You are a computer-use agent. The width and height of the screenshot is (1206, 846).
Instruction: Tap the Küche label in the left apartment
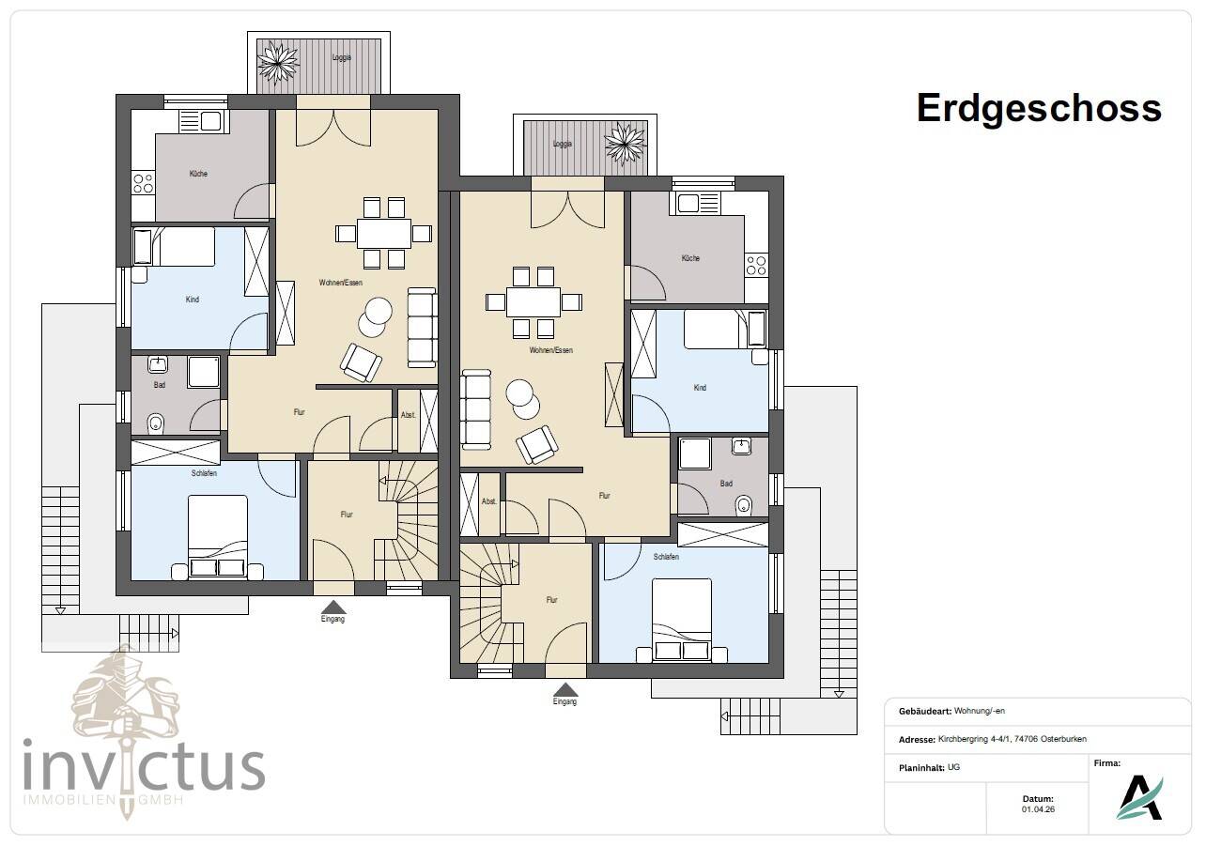198,174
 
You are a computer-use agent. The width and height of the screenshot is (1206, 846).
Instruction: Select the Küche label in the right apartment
690,258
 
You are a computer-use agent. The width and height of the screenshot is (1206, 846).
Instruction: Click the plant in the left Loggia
278,64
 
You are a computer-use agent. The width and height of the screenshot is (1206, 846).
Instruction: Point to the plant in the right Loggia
625,143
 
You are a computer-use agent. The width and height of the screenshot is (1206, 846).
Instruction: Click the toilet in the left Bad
156,423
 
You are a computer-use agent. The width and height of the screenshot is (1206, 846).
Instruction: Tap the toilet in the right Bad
744,504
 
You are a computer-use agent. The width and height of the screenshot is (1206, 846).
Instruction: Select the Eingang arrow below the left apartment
333,608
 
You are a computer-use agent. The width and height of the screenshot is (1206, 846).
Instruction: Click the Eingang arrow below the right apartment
564,689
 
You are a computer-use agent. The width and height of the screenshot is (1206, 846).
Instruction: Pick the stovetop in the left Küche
143,183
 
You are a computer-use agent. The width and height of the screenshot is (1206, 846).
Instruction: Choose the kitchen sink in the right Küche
698,204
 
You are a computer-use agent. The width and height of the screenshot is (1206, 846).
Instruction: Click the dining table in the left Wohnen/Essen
383,234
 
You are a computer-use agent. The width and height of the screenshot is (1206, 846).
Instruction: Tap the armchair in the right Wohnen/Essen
536,444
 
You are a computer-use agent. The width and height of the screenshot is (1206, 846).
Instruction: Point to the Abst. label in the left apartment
408,415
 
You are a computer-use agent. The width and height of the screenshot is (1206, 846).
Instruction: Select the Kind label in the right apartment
700,388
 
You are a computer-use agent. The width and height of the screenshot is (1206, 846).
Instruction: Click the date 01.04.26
1038,809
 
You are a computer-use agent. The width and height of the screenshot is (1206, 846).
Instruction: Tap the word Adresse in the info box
917,740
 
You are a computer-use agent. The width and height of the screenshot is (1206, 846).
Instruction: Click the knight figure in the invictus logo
126,694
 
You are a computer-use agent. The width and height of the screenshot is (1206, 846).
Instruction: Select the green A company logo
1140,797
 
